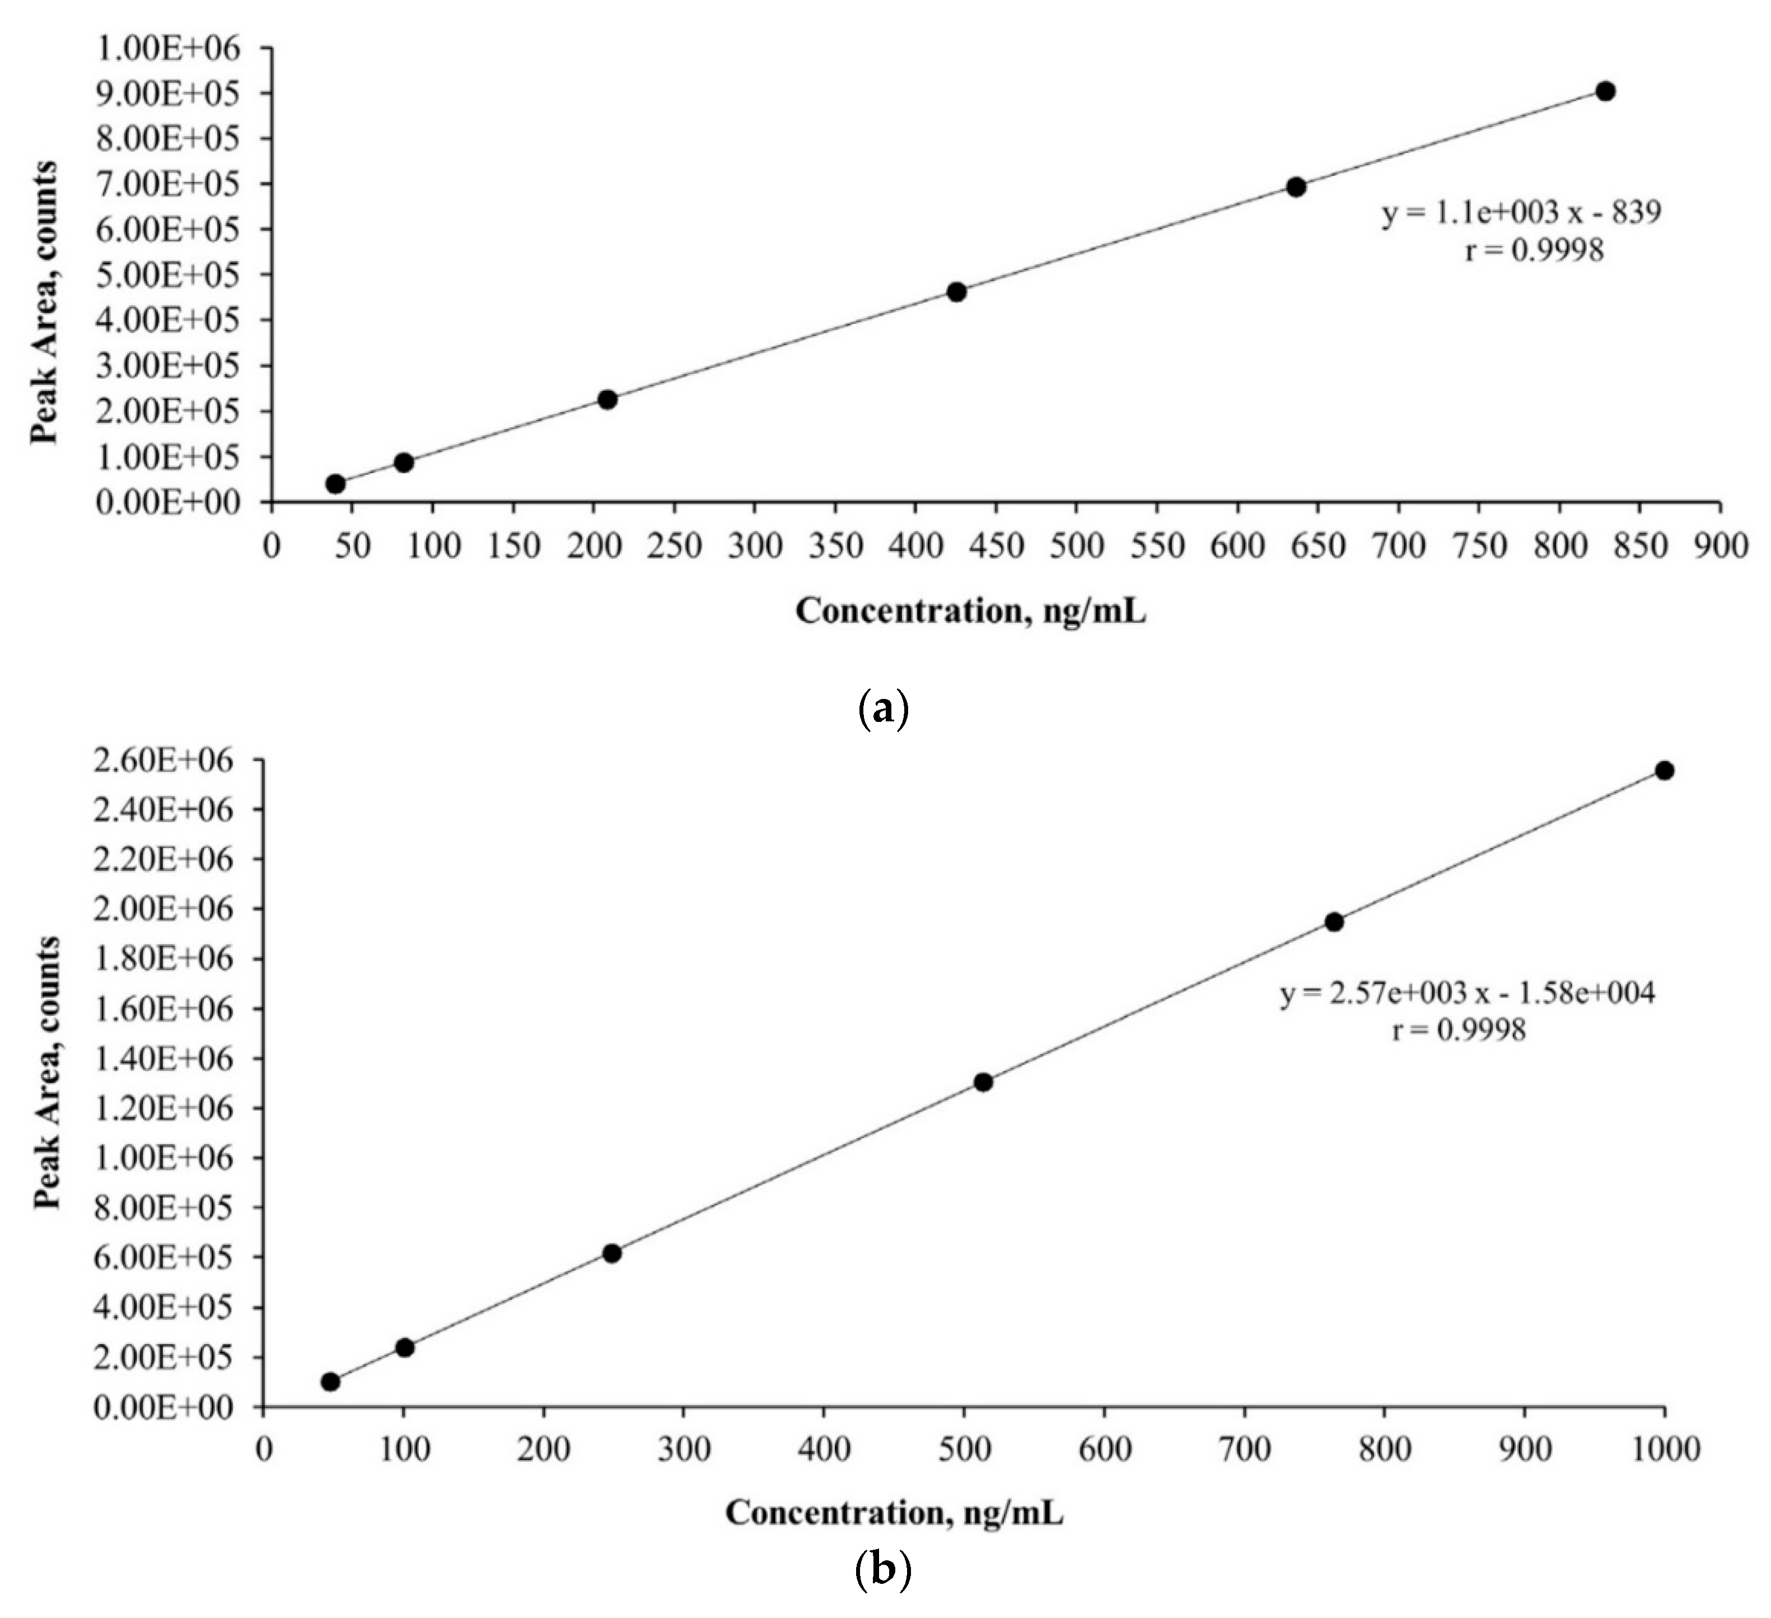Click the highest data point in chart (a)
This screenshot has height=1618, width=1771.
(x=1605, y=91)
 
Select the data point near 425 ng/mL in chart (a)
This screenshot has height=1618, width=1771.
(x=957, y=292)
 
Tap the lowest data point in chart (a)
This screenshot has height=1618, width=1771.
(x=335, y=483)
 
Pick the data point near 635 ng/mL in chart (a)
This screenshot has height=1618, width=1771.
(x=1296, y=187)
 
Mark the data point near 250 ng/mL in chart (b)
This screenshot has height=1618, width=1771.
(x=613, y=1253)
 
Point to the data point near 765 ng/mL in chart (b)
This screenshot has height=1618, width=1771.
(x=1334, y=922)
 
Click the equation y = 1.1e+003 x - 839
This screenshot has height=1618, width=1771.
(x=1521, y=213)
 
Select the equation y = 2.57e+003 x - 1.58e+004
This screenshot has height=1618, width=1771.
(x=1467, y=994)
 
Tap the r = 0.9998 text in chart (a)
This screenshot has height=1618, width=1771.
(x=1534, y=251)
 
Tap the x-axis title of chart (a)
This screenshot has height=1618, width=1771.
(x=971, y=612)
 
